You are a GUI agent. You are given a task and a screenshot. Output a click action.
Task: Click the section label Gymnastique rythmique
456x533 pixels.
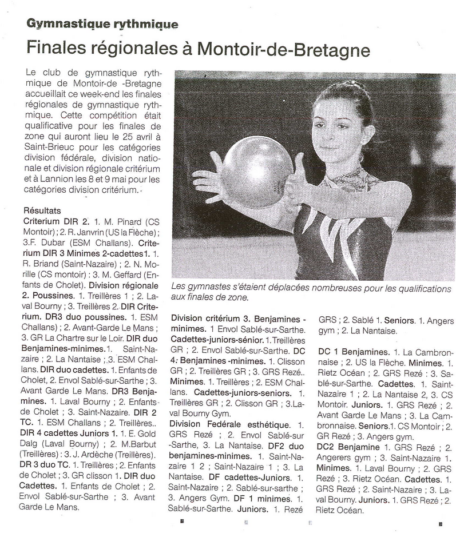102,24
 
